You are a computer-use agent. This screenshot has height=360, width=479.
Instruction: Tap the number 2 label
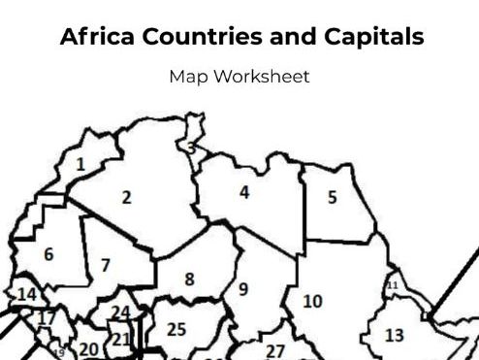126,197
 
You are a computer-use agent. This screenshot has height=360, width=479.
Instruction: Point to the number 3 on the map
191,148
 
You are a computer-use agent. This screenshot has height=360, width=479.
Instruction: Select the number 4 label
244,192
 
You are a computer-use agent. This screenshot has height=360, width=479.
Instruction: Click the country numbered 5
332,197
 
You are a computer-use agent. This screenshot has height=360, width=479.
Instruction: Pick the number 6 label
48,254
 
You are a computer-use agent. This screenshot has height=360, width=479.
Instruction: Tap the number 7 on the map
105,264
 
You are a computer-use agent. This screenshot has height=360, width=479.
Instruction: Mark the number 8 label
189,278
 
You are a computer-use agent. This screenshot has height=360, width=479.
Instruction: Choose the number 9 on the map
242,288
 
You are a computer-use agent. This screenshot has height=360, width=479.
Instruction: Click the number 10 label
312,301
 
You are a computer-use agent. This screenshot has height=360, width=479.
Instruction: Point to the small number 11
393,284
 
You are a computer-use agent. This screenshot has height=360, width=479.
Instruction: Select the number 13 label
395,336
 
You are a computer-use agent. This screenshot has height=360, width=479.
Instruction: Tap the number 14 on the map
26,294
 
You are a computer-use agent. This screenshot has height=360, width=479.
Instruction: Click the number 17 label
46,317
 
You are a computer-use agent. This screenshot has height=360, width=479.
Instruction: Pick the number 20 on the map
88,349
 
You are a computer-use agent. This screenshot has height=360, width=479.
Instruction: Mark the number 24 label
121,312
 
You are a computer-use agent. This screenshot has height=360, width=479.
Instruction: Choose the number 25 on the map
176,329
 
